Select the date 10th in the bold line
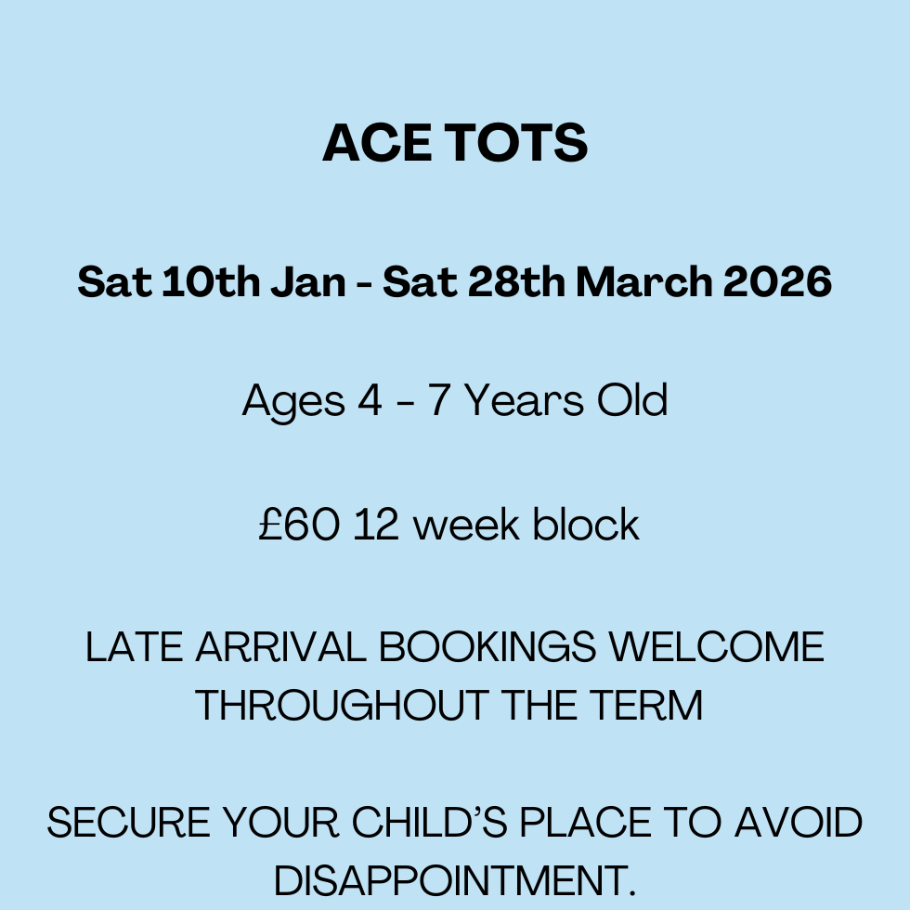coord(212,282)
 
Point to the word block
coord(586,525)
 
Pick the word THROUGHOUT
coord(342,706)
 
